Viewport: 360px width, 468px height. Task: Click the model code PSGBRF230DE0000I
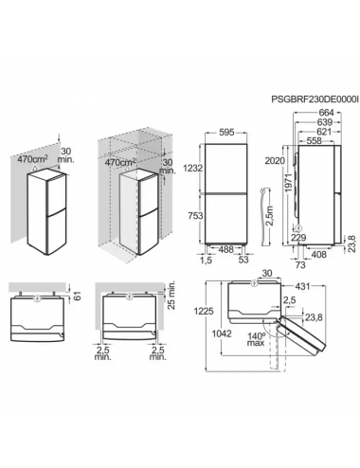[315, 99]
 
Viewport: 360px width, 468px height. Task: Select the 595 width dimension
[226, 133]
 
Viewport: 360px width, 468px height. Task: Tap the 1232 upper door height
[192, 169]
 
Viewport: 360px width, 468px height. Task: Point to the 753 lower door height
[195, 216]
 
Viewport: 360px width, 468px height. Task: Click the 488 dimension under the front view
[225, 249]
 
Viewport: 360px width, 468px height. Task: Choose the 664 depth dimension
[326, 113]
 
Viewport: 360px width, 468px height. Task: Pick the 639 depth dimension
[324, 122]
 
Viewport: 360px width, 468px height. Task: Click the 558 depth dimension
[314, 141]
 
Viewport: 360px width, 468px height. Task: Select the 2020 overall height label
[275, 161]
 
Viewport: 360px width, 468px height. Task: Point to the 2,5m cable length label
[269, 216]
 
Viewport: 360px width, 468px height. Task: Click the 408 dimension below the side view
[319, 255]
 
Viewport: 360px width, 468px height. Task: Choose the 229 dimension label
[298, 238]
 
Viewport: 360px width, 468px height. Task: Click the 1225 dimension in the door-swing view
[204, 311]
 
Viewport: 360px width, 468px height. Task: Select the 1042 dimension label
[222, 333]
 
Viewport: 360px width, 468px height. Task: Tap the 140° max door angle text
[256, 339]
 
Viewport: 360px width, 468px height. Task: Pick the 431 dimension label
[302, 286]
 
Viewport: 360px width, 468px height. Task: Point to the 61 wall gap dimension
[78, 296]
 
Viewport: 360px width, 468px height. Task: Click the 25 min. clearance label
[172, 296]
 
